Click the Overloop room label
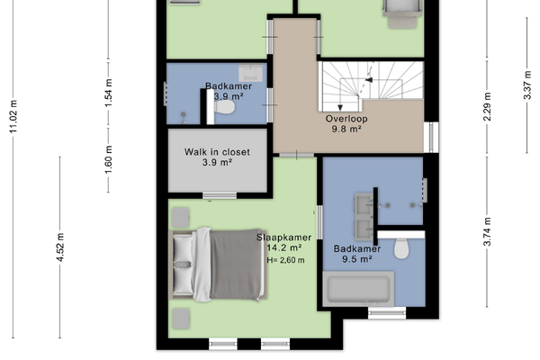pyautogui.click(x=346, y=119)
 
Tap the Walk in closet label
pyautogui.click(x=217, y=152)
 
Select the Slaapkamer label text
pyautogui.click(x=284, y=238)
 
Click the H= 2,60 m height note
pyautogui.click(x=285, y=260)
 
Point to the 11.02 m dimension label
pyautogui.click(x=13, y=117)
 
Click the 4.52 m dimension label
pyautogui.click(x=60, y=247)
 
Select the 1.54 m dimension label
pyautogui.click(x=109, y=93)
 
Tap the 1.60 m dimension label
pyautogui.click(x=109, y=160)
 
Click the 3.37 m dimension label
pyautogui.click(x=527, y=85)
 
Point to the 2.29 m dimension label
pyautogui.click(x=487, y=107)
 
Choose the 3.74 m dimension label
pyautogui.click(x=487, y=231)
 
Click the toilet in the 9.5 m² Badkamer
pyautogui.click(x=401, y=248)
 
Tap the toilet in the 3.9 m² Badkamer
pyautogui.click(x=224, y=107)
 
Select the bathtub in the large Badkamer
pyautogui.click(x=358, y=289)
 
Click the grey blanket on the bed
pyautogui.click(x=236, y=265)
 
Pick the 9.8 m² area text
pyautogui.click(x=346, y=130)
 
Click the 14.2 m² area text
pyautogui.click(x=284, y=247)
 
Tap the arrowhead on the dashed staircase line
pyautogui.click(x=369, y=80)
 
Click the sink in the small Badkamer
pyautogui.click(x=250, y=72)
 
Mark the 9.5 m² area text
pyautogui.click(x=357, y=259)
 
